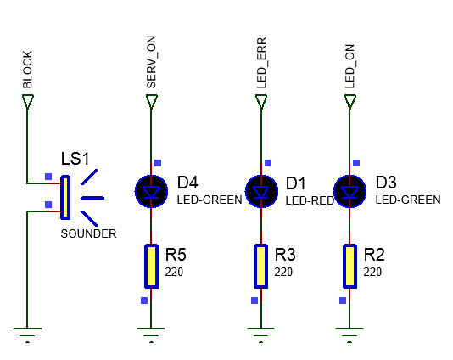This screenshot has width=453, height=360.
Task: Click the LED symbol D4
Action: (151, 191)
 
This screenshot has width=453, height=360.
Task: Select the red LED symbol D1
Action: (261, 191)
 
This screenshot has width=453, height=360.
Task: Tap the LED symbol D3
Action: (350, 191)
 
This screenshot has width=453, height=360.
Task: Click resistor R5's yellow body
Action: (151, 266)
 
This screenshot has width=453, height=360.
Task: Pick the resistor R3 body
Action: (261, 266)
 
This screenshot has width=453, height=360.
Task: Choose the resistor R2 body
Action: (350, 266)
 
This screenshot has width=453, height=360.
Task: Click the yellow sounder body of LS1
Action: (65, 198)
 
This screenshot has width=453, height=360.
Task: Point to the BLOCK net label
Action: (27, 70)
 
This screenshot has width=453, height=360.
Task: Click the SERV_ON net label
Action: (151, 62)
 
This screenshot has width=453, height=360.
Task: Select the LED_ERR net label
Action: (261, 63)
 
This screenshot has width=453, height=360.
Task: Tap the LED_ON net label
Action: (350, 66)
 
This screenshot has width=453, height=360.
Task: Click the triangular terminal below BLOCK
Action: (28, 102)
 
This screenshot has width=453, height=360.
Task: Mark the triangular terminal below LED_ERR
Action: (261, 102)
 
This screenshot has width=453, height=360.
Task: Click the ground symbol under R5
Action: (151, 335)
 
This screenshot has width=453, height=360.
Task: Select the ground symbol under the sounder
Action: (27, 335)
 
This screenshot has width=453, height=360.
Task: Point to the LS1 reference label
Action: (75, 159)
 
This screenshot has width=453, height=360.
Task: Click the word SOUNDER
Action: (88, 233)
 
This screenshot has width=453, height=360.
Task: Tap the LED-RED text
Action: (310, 200)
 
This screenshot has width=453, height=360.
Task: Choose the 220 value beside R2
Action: (372, 272)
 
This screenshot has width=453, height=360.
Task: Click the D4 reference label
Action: (187, 183)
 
